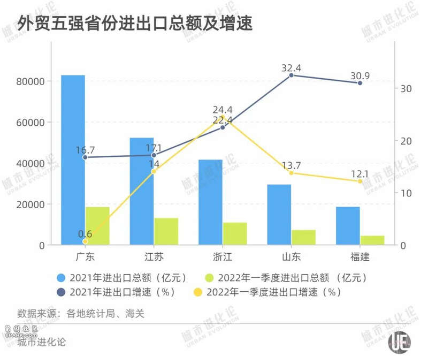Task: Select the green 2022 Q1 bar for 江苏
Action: coord(166,231)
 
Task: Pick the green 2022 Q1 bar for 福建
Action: coord(372,240)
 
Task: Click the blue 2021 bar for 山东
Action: coord(279,214)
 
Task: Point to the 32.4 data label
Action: coord(292,68)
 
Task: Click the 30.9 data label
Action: coord(360,75)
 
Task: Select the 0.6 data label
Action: coord(85,234)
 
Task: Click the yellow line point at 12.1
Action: coord(360,181)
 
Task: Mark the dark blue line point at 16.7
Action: coord(85,157)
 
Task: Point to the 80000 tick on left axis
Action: coord(32,81)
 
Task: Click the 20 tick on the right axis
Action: coord(406,141)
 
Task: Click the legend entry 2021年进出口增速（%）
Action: coord(118,292)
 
